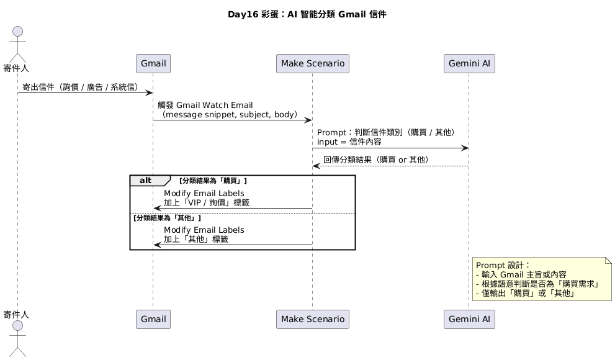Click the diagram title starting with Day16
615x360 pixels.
(307, 14)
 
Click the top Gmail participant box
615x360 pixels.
(153, 63)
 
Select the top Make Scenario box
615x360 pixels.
(313, 63)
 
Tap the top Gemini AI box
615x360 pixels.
(469, 63)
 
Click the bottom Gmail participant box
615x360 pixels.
(153, 319)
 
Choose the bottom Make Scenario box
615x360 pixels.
(313, 319)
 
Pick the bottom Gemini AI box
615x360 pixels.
(469, 319)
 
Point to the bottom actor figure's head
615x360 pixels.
(17, 326)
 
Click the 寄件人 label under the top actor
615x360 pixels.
(17, 67)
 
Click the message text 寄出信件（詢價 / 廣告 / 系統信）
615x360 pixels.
(81, 88)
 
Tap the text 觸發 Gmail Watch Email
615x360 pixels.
(205, 106)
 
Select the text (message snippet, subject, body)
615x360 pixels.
(230, 115)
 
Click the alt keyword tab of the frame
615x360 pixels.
(146, 181)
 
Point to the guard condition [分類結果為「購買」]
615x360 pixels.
(213, 181)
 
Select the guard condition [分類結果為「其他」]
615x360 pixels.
(166, 218)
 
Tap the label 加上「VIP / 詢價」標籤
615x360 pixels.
(206, 202)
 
